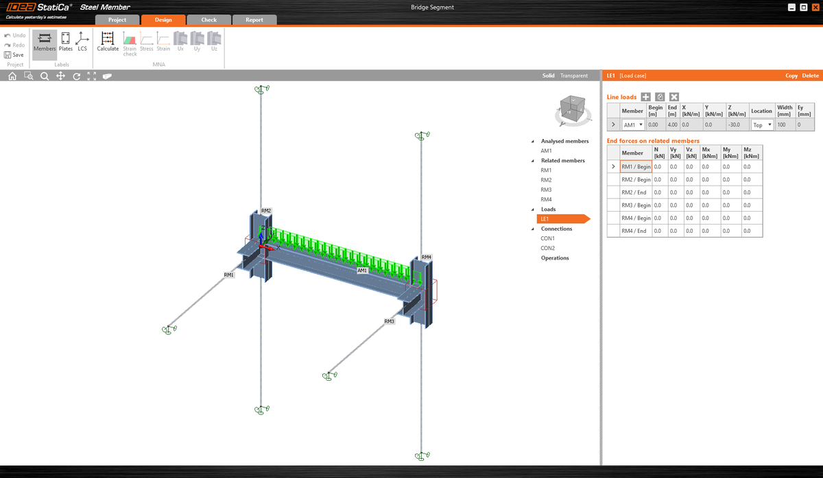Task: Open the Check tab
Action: coord(209,20)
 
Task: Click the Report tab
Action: coord(254,20)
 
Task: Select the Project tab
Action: coord(117,20)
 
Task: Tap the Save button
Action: coord(14,55)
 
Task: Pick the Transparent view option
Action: coord(574,76)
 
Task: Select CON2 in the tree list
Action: coord(547,248)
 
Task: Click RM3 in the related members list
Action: coord(546,190)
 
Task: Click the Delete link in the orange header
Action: coord(810,75)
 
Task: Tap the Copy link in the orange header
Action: coord(791,75)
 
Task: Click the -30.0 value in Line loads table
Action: coord(736,125)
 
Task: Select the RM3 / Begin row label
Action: coord(636,205)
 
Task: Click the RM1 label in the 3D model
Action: coord(228,275)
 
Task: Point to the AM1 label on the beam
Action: coord(363,271)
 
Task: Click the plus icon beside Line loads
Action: coord(645,97)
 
